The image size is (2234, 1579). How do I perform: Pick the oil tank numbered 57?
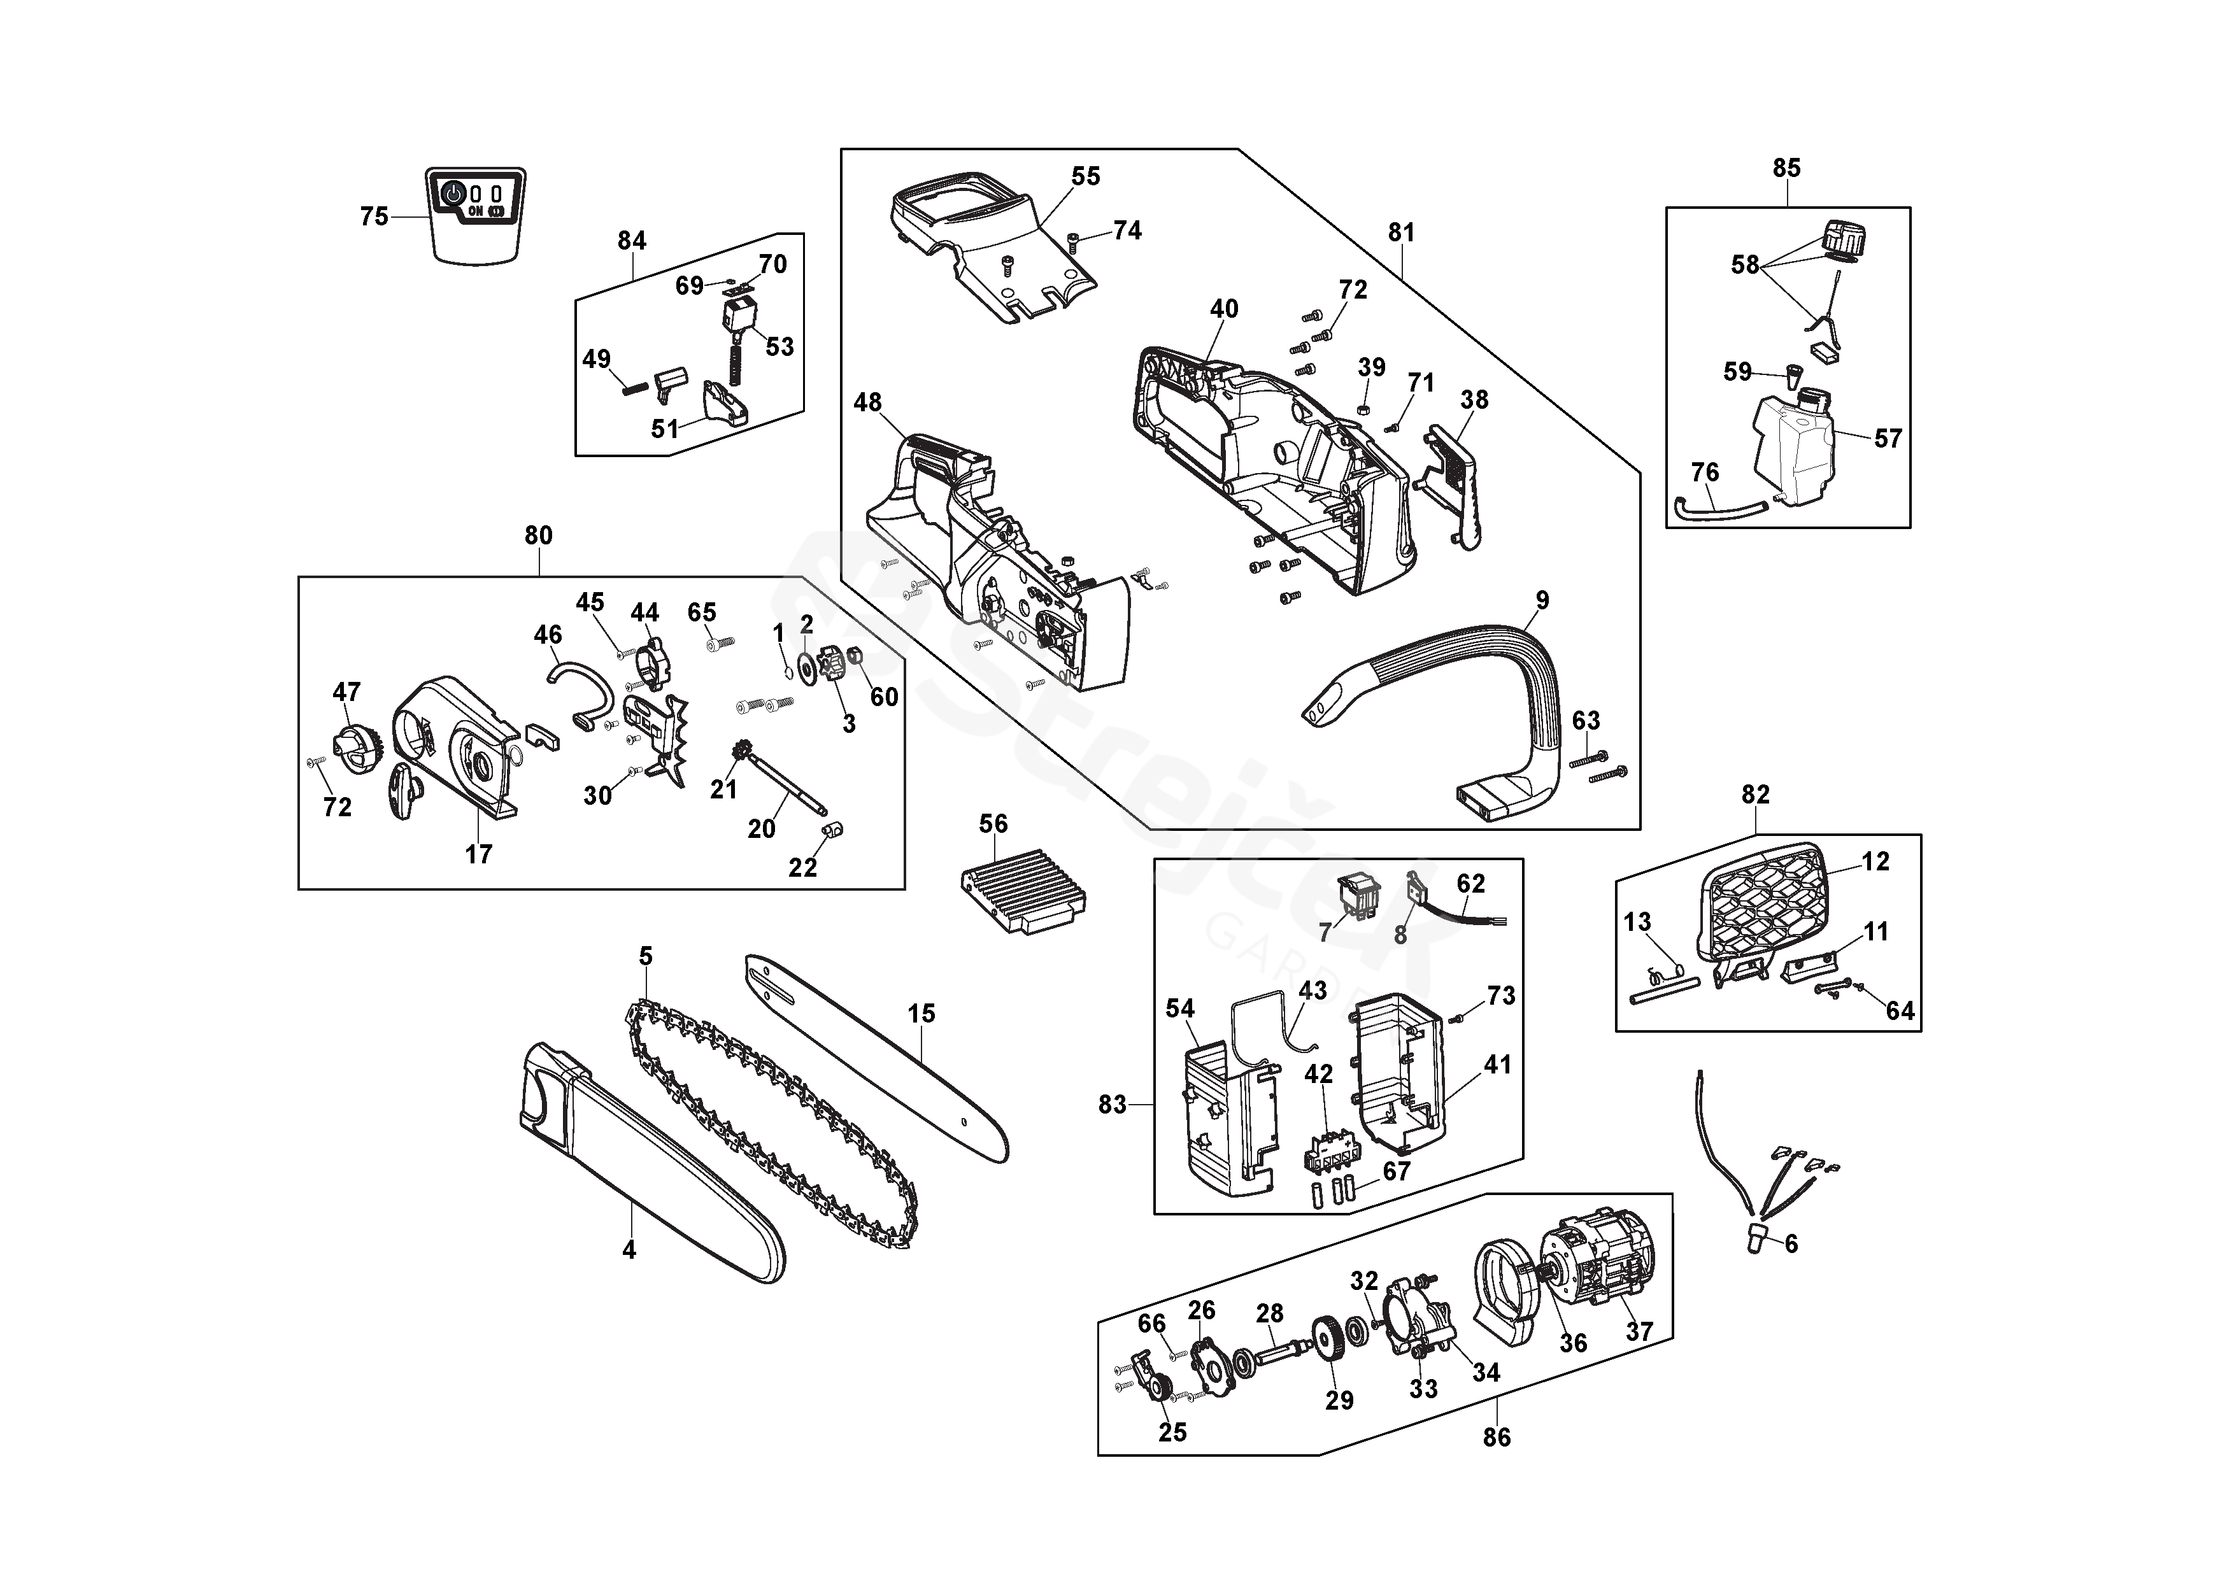(1795, 453)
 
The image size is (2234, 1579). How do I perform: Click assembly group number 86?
(1497, 1437)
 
